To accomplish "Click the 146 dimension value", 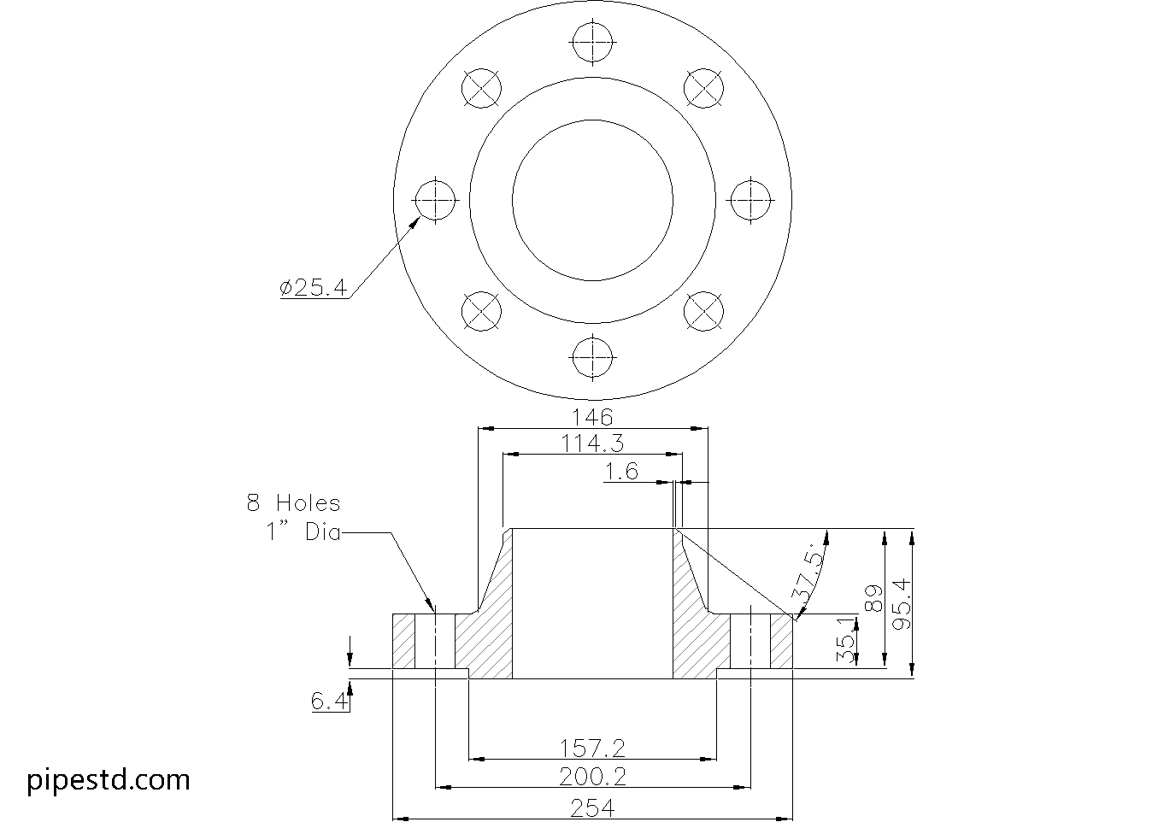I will [592, 417].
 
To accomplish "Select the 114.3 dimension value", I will [592, 443].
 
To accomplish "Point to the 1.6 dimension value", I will [621, 471].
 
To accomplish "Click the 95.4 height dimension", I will [901, 604].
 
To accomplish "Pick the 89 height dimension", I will [873, 598].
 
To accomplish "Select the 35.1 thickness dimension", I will [844, 641].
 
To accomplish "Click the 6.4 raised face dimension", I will [329, 702].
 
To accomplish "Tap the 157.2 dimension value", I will [592, 749].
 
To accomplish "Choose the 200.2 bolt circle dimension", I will [592, 776].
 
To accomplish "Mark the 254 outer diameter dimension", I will [592, 807].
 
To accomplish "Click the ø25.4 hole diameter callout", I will [313, 288].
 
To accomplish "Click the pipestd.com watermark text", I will [109, 779].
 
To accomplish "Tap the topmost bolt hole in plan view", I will [593, 42].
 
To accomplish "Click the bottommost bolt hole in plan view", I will [593, 356].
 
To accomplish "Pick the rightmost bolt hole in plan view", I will [750, 200].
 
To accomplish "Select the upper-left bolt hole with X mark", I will [481, 88].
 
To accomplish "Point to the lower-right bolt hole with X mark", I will [705, 311].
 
